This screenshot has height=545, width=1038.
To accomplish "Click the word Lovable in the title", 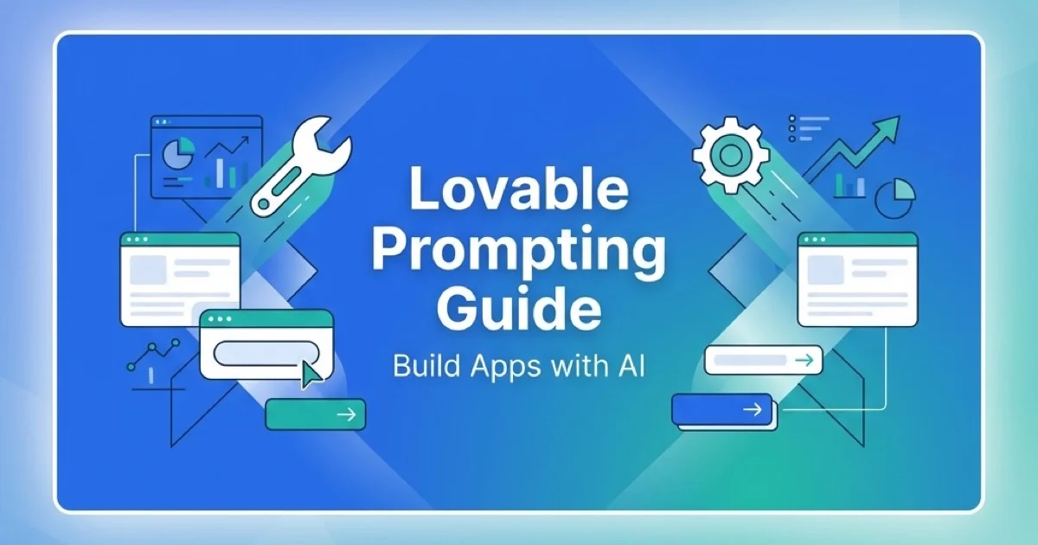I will coord(518,191).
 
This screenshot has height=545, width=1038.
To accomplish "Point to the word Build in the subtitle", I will coord(420,366).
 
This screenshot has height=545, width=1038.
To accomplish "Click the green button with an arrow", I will coord(316,414).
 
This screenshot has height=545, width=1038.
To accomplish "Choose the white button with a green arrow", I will coord(762,360).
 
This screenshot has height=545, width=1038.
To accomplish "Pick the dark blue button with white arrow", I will coord(722,409).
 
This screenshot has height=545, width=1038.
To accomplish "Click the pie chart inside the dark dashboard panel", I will coord(178,156).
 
